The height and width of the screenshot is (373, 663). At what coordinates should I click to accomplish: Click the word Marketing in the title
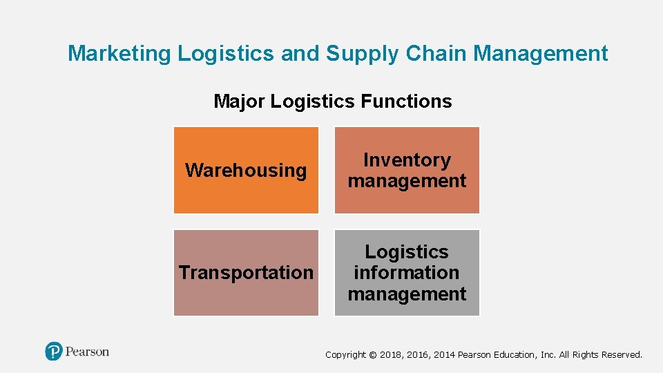tap(119, 53)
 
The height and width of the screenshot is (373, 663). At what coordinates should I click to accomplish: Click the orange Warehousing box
tap(246, 170)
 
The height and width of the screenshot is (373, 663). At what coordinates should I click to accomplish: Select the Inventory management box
tap(407, 170)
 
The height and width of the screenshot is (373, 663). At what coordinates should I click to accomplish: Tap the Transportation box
tap(246, 273)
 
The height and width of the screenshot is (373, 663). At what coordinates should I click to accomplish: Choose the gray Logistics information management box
tap(407, 273)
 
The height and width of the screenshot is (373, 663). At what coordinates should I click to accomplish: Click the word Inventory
tap(407, 160)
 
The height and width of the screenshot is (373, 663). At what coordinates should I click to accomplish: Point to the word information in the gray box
tap(407, 273)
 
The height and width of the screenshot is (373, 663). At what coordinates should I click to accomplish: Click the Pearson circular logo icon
tap(54, 352)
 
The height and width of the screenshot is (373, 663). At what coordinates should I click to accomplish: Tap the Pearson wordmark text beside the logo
tap(88, 352)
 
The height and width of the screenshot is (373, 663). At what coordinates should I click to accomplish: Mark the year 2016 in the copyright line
tap(417, 355)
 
